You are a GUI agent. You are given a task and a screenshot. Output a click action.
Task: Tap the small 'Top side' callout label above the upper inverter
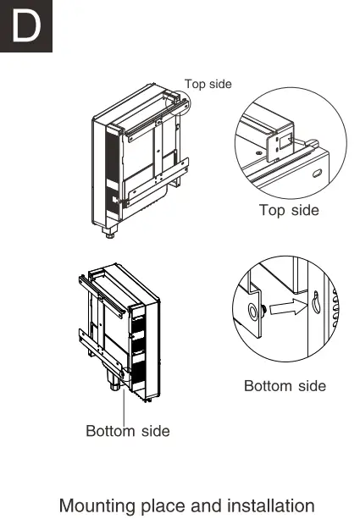tap(208, 84)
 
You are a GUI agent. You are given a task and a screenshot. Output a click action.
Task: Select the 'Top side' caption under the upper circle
tap(289, 209)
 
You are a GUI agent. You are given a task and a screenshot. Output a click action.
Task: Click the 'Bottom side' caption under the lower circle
tap(285, 386)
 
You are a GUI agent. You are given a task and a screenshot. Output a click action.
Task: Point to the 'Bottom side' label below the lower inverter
tap(128, 431)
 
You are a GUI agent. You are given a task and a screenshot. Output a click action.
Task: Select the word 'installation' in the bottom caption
tap(269, 506)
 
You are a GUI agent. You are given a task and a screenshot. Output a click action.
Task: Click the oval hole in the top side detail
tap(317, 173)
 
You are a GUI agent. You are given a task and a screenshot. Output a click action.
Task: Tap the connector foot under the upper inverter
tap(109, 229)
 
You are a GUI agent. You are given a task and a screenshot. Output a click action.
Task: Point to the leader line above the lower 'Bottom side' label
tap(125, 406)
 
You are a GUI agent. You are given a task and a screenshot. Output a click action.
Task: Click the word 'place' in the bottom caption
tap(168, 506)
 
